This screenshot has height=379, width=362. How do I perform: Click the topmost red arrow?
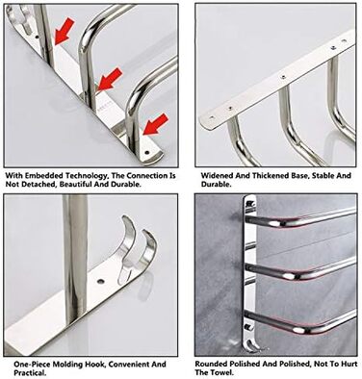point(65,31)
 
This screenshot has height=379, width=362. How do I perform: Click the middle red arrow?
point(110,79)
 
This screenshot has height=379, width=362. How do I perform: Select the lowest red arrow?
point(155,124)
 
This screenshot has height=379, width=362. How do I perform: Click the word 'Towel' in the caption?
point(221,372)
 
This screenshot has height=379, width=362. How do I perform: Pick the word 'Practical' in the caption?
point(30,373)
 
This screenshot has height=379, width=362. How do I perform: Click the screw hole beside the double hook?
point(101,282)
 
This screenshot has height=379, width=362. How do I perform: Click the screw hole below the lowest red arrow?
point(147,153)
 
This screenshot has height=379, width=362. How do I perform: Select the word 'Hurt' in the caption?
point(349,365)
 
